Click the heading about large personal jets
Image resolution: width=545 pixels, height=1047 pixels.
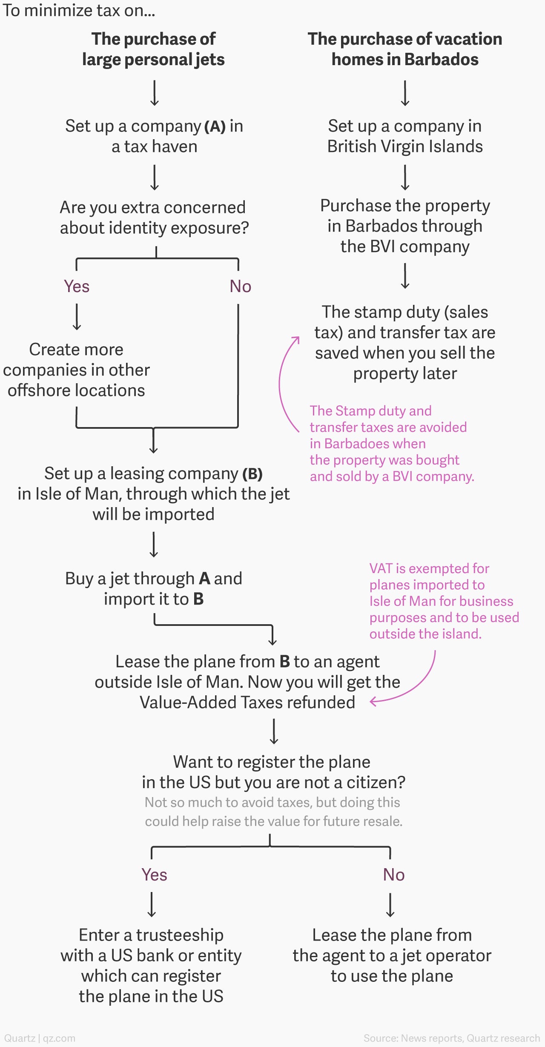(x=153, y=49)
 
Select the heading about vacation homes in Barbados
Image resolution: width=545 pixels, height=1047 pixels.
(x=405, y=49)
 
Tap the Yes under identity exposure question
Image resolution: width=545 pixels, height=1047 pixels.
(x=77, y=287)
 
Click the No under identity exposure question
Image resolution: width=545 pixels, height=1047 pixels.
(x=241, y=287)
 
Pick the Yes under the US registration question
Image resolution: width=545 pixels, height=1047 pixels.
(x=154, y=875)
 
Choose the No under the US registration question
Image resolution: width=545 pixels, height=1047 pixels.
(x=394, y=875)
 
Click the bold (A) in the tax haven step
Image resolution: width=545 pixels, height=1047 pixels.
(x=215, y=126)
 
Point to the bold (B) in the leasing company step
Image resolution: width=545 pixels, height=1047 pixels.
(x=252, y=474)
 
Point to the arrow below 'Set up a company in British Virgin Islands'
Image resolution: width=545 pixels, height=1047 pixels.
(x=405, y=178)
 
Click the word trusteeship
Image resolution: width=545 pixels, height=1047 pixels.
(x=180, y=935)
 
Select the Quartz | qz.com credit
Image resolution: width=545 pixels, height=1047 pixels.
(x=40, y=1038)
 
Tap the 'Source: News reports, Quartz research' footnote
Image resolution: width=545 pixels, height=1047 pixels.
(x=452, y=1038)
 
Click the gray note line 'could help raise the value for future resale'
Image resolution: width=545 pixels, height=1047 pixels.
(x=274, y=821)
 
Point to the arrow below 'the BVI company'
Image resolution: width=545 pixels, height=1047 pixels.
(x=405, y=276)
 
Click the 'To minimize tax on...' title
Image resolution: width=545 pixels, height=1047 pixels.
(x=79, y=10)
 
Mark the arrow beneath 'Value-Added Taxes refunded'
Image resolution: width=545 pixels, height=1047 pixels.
(x=274, y=731)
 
